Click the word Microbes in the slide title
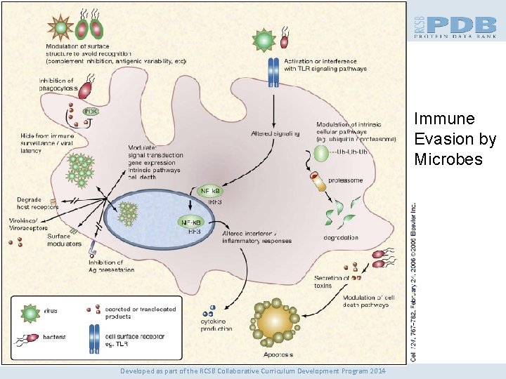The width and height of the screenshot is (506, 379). pyautogui.click(x=448, y=160)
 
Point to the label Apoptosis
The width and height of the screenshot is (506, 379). pyautogui.click(x=278, y=355)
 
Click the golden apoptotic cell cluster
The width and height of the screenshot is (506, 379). pyautogui.click(x=275, y=321)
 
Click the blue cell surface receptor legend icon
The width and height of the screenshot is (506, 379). pyautogui.click(x=93, y=339)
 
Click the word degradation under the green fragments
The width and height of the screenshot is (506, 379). pyautogui.click(x=341, y=237)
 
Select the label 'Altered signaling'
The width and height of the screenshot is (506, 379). pyautogui.click(x=275, y=133)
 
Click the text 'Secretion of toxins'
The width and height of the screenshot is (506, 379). pyautogui.click(x=331, y=281)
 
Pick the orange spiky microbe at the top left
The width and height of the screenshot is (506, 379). pyautogui.click(x=61, y=27)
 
